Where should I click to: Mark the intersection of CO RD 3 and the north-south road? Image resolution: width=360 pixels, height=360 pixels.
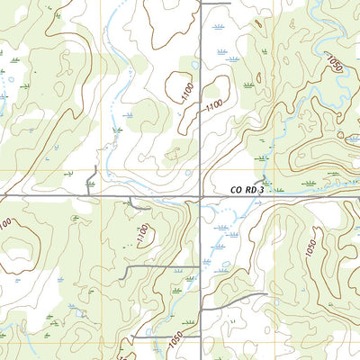[x=201, y=195]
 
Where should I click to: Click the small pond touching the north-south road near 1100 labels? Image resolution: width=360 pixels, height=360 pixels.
[x=195, y=65]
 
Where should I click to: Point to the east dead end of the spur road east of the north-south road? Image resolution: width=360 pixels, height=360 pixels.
[x=266, y=294]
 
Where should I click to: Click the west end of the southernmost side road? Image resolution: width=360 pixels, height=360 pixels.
[x=132, y=337]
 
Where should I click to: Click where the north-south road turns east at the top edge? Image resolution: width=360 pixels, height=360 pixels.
[x=201, y=4]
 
